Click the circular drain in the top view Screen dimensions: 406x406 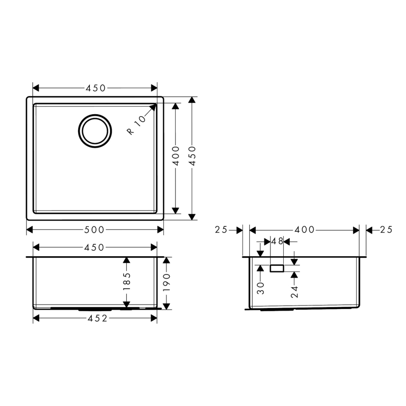click(x=95, y=115)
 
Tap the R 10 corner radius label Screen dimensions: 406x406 click(x=137, y=125)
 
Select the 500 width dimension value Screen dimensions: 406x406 click(x=94, y=230)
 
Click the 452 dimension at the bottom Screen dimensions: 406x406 click(x=97, y=318)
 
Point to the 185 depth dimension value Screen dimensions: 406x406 click(x=127, y=282)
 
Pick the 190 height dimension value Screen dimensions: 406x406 click(x=167, y=283)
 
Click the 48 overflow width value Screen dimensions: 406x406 click(x=277, y=242)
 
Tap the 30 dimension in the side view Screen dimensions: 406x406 click(x=261, y=288)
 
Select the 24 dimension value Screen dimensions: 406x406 click(x=294, y=292)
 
